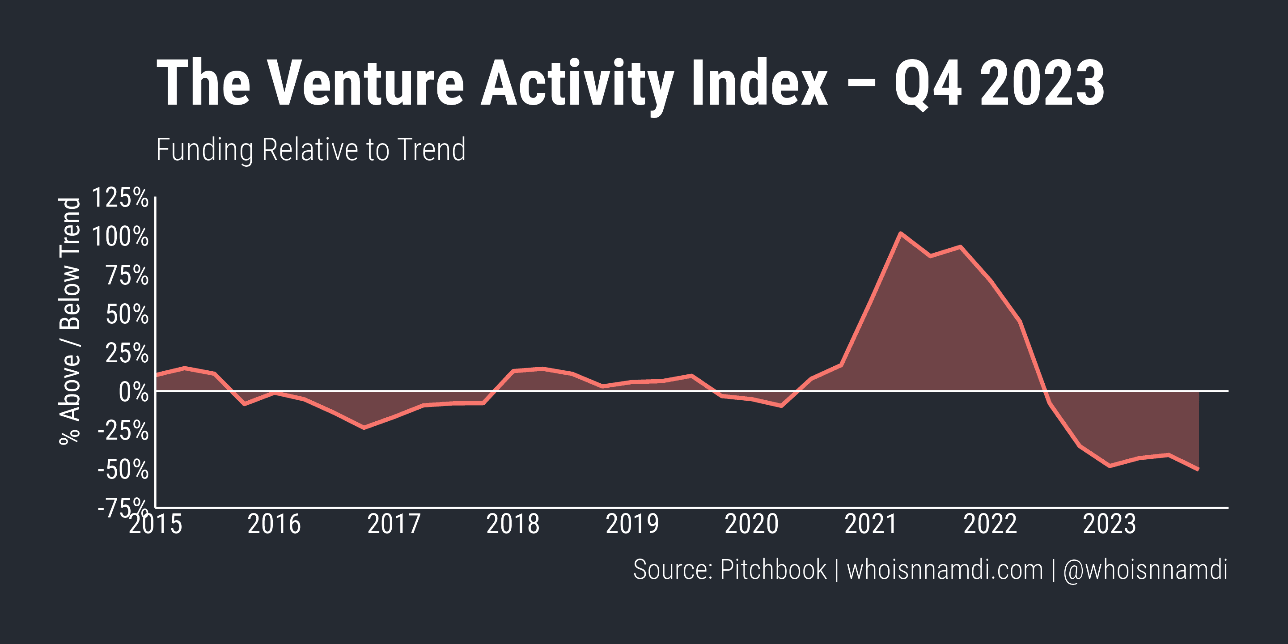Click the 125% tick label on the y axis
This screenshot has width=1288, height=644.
(120, 198)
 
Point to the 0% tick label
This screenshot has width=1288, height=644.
(133, 393)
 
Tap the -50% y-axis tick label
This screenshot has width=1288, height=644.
(123, 470)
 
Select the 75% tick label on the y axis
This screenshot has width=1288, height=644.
(127, 275)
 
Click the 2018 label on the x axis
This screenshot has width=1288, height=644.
(513, 525)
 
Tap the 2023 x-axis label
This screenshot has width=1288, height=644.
(1110, 525)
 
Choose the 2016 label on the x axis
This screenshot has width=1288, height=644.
(274, 525)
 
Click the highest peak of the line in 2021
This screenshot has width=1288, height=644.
(900, 233)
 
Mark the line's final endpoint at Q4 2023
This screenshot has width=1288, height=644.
(1198, 470)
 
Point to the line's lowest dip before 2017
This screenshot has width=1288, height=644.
(364, 428)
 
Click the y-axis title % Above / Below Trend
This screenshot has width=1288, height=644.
(70, 320)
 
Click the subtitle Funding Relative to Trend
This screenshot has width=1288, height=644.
(310, 149)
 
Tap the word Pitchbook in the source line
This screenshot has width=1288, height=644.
(773, 569)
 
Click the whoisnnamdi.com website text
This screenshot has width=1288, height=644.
(945, 569)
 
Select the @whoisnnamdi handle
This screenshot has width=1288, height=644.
(1145, 569)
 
